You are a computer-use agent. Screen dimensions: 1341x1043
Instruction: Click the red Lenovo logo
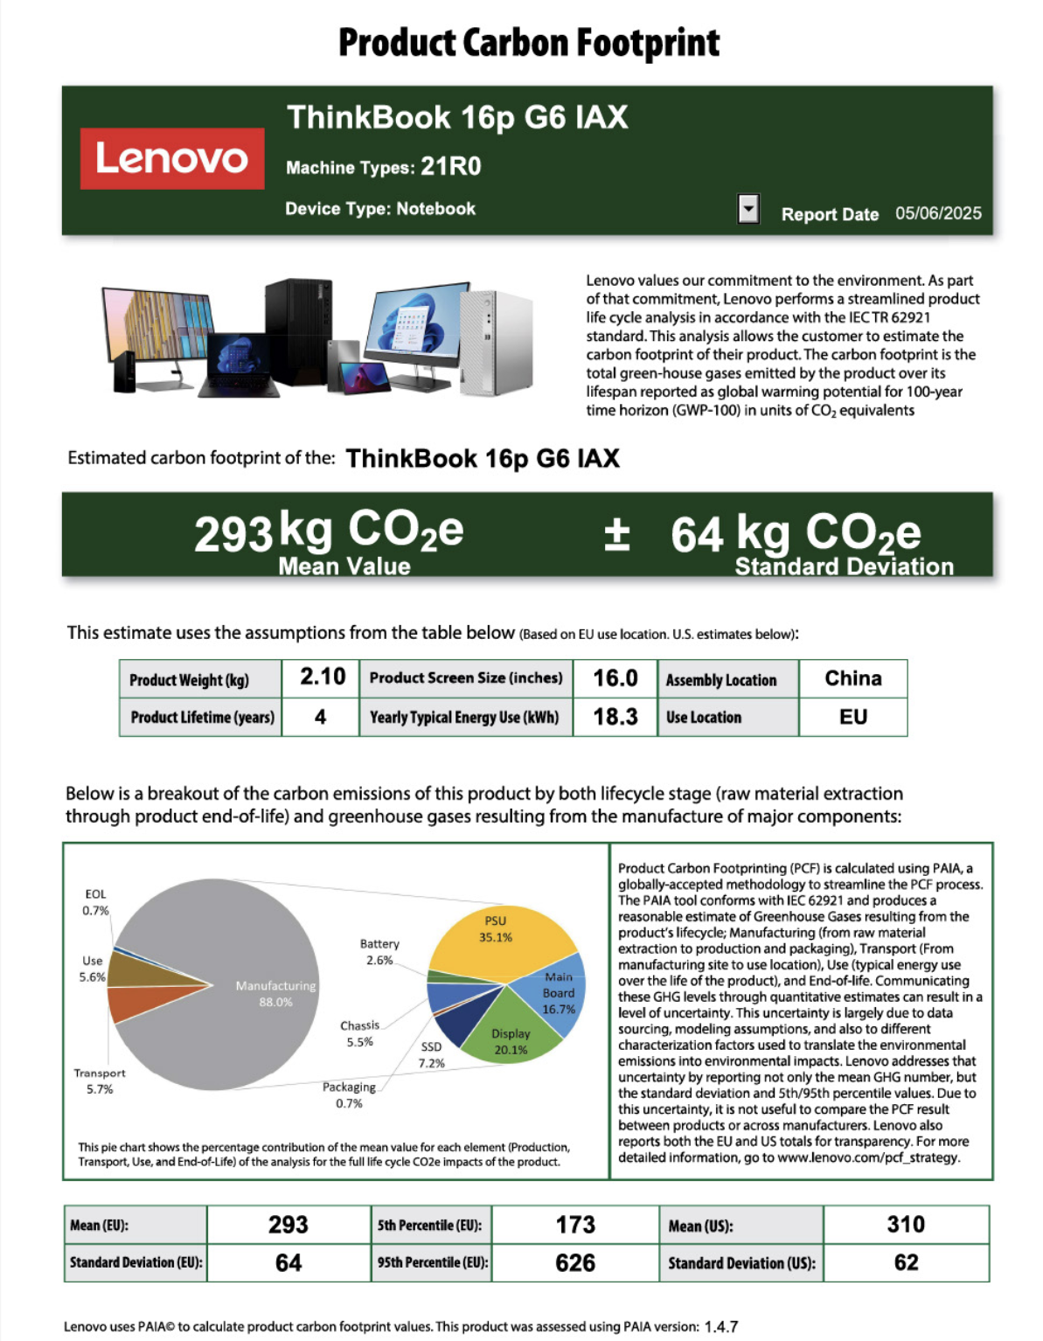tap(171, 158)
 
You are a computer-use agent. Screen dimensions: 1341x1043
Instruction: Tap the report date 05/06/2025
tap(937, 213)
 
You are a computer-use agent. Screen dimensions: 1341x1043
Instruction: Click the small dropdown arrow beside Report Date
tap(748, 209)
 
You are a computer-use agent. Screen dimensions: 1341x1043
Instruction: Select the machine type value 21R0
tap(450, 166)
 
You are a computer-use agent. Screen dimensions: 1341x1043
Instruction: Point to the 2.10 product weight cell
tap(322, 677)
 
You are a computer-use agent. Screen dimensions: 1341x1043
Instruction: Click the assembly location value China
tap(852, 678)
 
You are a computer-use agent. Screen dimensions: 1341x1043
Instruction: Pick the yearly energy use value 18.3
tap(615, 717)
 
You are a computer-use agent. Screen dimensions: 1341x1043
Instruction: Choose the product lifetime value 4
tap(320, 717)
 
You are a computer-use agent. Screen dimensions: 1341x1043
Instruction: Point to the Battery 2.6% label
tap(379, 952)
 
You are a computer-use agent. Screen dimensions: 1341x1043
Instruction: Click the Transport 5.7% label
tap(100, 1081)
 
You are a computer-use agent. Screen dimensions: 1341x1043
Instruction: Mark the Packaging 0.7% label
tap(349, 1095)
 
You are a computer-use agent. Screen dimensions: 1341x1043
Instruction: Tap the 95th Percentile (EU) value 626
tap(574, 1263)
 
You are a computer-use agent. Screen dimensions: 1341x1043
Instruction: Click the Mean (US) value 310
tap(905, 1225)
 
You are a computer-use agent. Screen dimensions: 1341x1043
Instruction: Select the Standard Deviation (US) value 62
tap(905, 1263)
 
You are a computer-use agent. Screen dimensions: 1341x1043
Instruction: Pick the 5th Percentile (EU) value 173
tap(574, 1225)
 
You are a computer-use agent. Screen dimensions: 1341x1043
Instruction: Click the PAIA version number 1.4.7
tap(720, 1326)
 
